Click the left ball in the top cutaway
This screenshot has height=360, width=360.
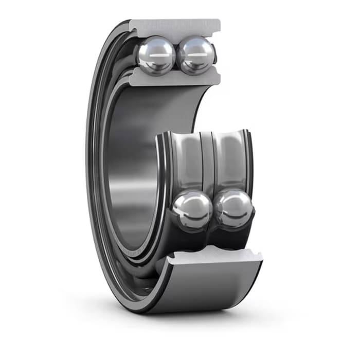156,55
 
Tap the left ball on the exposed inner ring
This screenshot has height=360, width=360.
192,210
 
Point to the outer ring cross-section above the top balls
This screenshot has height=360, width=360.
175,26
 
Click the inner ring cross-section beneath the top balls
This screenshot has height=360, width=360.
175,79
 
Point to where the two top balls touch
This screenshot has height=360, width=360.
176,54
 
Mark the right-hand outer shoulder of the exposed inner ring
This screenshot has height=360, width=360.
249,170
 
